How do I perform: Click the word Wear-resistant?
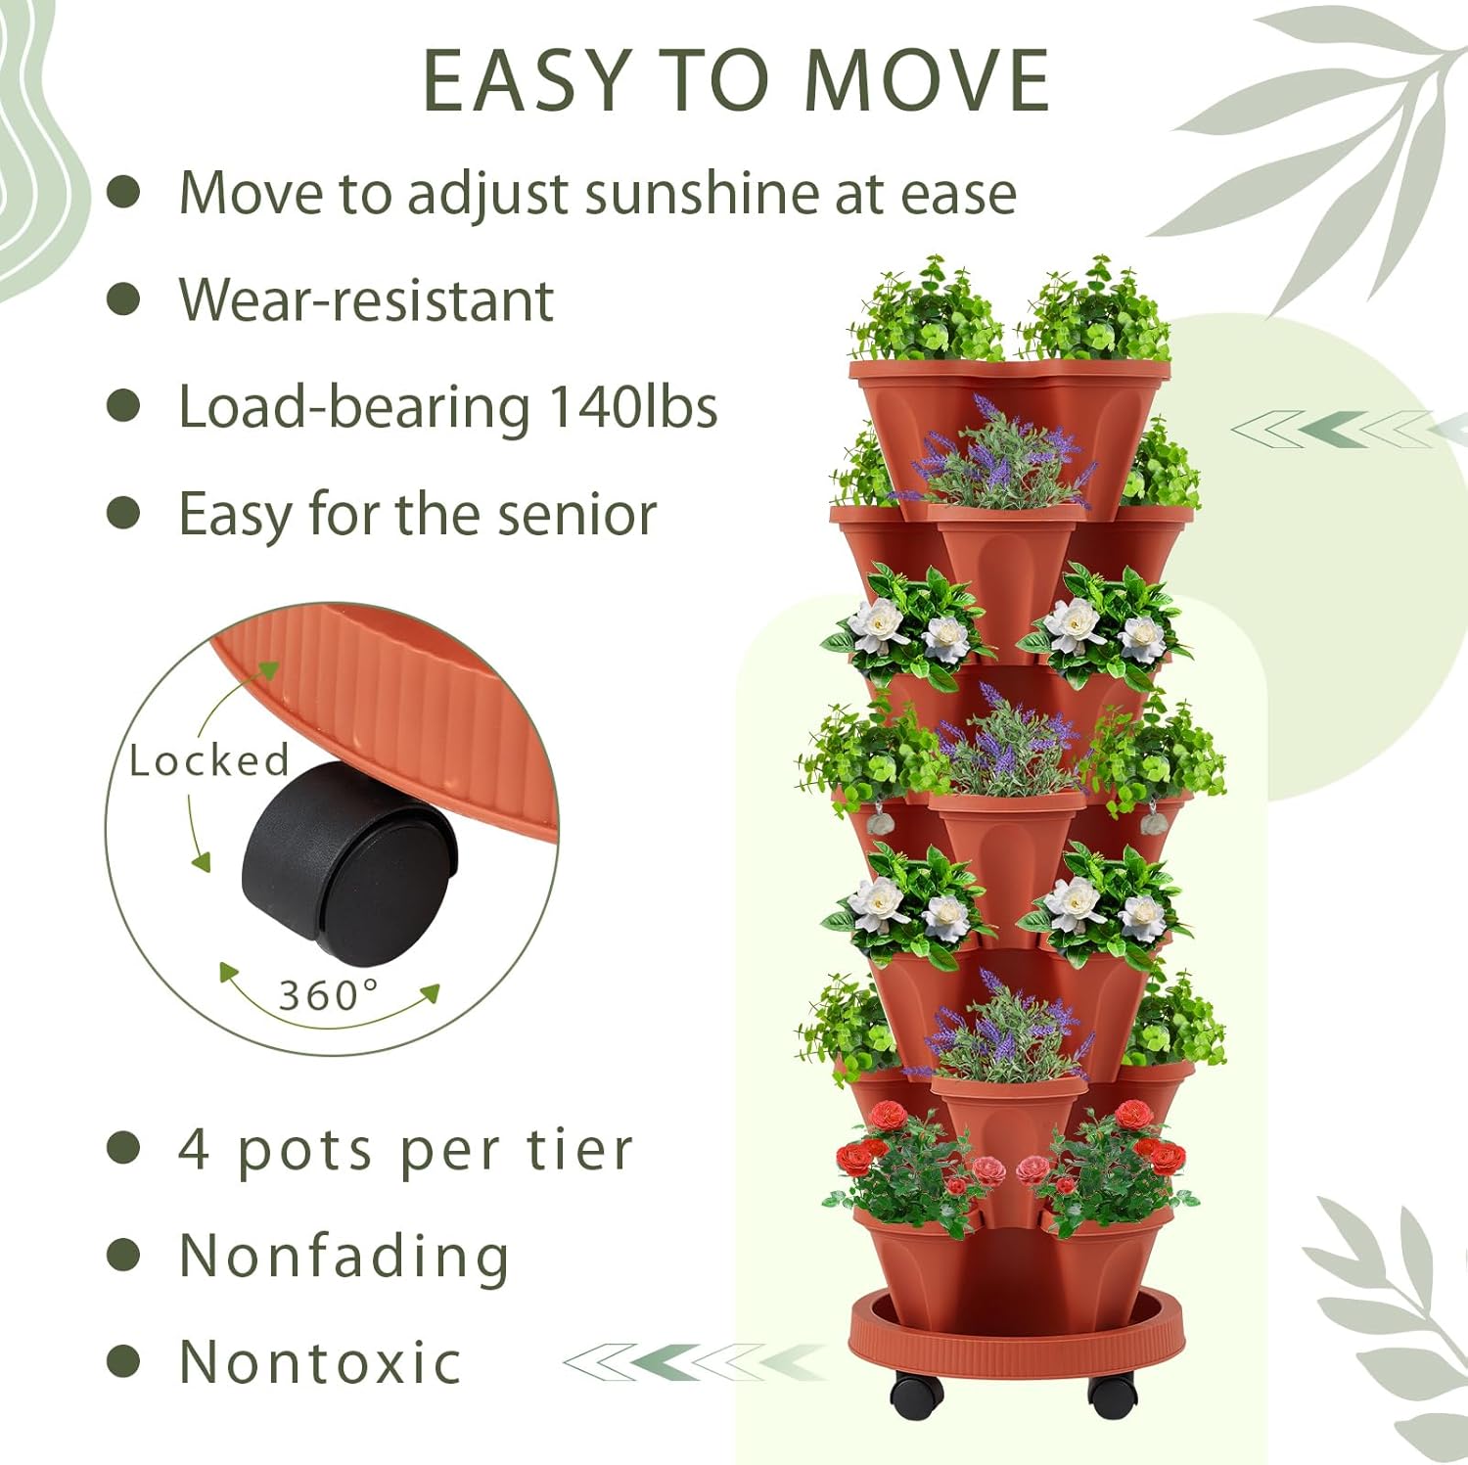pos(366,300)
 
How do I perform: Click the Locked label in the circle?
pos(209,761)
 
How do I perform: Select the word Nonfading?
pos(344,1257)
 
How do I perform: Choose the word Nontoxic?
pos(320,1362)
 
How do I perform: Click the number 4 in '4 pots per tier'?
pos(194,1150)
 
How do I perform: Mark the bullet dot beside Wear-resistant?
pos(123,299)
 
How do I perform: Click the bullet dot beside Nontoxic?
pos(123,1361)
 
